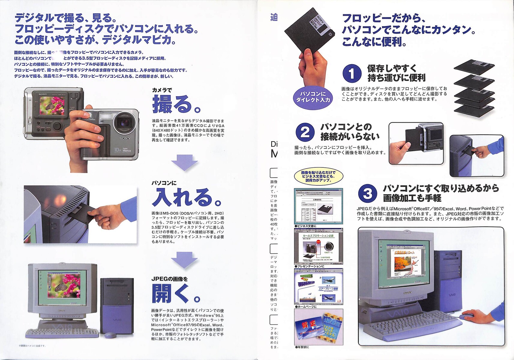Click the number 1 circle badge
(352, 73)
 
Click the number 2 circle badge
(305, 132)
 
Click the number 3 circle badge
(367, 193)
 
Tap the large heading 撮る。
(176, 104)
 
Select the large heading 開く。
(176, 293)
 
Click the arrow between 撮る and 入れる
(184, 162)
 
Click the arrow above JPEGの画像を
(184, 259)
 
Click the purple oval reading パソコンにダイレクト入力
(313, 97)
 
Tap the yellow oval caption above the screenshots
(318, 177)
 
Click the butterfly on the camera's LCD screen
(49, 106)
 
